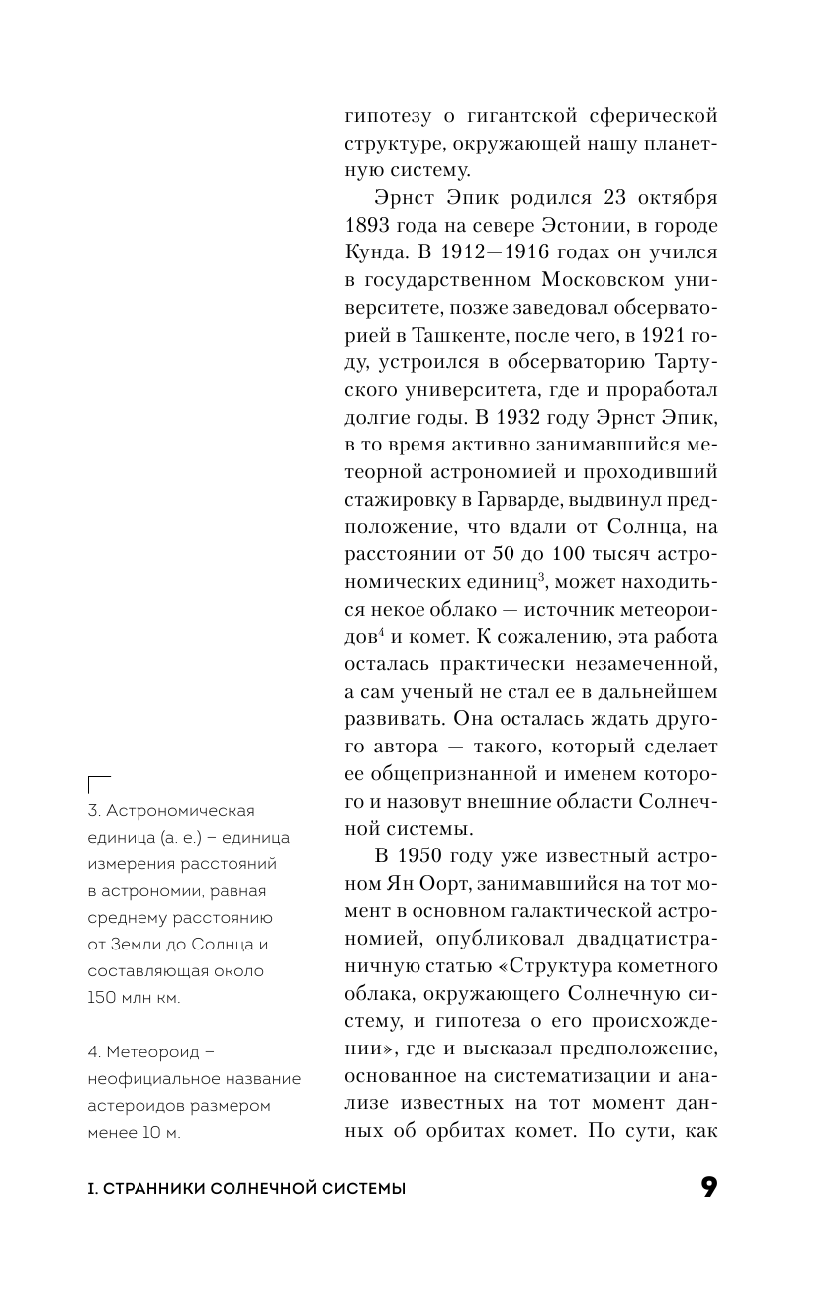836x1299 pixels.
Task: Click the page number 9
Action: (708, 1188)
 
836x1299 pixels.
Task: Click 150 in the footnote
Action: (102, 998)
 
